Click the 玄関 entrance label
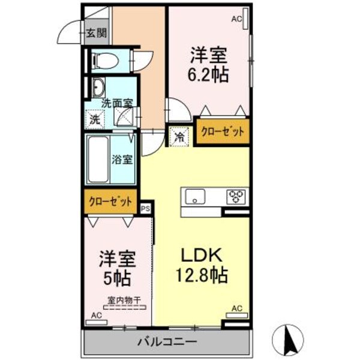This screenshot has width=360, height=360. point(95,34)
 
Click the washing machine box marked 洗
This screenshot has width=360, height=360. point(95,119)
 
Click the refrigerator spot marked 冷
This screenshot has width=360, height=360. point(179,136)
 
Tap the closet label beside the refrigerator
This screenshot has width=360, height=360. point(221,132)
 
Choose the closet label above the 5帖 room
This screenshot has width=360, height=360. point(110,202)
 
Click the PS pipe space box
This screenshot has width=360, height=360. point(146,208)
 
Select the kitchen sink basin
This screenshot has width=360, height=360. point(196,196)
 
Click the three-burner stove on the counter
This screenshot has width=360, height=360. point(235,196)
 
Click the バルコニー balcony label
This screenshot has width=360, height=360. point(166,343)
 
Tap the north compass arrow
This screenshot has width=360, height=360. point(289,338)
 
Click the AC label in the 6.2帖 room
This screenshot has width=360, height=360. point(236,19)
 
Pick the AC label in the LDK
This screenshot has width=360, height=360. point(237,308)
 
